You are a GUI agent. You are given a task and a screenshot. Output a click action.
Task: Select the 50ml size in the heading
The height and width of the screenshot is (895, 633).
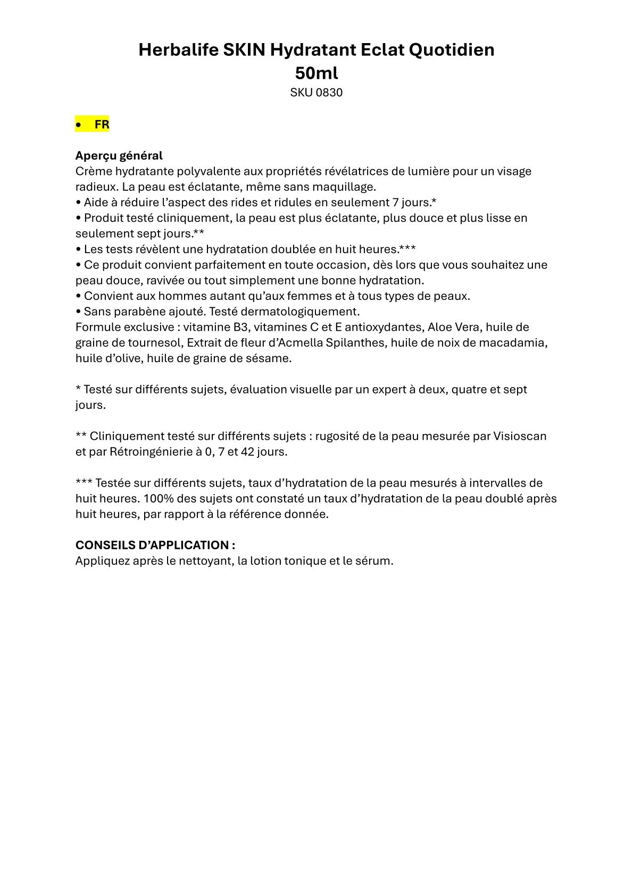[x=316, y=73]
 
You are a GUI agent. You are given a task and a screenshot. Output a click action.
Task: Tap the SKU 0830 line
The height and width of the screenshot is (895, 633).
[x=316, y=93]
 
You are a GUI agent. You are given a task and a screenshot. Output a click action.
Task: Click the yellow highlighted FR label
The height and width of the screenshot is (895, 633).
[x=102, y=124]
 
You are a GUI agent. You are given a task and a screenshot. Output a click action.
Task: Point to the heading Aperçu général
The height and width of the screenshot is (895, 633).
[x=119, y=156]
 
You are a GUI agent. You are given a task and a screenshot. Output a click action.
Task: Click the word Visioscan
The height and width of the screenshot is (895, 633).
[x=520, y=436]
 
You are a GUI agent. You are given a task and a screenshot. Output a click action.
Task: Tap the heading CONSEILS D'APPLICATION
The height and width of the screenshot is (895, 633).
[x=155, y=545]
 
